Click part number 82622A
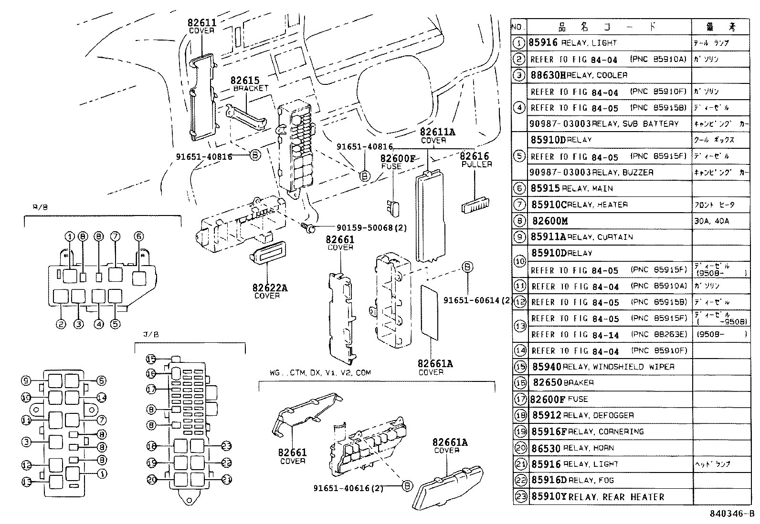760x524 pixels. [270, 288]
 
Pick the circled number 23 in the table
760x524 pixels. [520, 497]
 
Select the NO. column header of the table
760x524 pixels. [518, 27]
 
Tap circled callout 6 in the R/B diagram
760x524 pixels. [139, 236]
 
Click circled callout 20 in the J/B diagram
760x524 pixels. [152, 480]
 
